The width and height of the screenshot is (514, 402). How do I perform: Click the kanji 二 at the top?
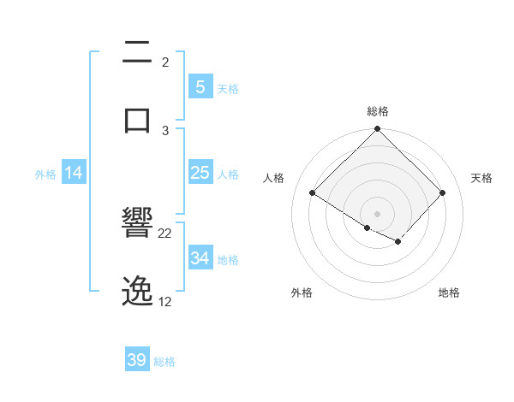[137, 54]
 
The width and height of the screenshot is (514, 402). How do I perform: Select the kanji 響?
[137, 224]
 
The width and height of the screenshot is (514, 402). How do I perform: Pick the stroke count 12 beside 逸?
[165, 302]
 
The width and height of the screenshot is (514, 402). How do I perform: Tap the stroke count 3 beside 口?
[165, 130]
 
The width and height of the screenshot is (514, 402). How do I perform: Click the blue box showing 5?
[200, 87]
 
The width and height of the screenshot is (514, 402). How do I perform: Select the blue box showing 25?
[200, 173]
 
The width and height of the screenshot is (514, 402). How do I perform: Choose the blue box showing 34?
[200, 258]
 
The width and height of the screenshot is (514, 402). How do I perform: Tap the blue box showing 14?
[74, 173]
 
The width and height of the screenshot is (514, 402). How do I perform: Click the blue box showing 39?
[137, 360]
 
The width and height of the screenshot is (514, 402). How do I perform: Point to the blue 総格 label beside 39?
[164, 362]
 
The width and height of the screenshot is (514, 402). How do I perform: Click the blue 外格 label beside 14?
[45, 174]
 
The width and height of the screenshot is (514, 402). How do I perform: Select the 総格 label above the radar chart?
[378, 111]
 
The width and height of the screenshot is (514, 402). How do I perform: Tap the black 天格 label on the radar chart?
[481, 178]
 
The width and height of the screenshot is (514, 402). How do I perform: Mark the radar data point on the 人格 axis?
[313, 192]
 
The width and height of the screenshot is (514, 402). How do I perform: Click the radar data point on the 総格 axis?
[378, 130]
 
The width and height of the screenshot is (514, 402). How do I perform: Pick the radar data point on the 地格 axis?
[398, 242]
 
